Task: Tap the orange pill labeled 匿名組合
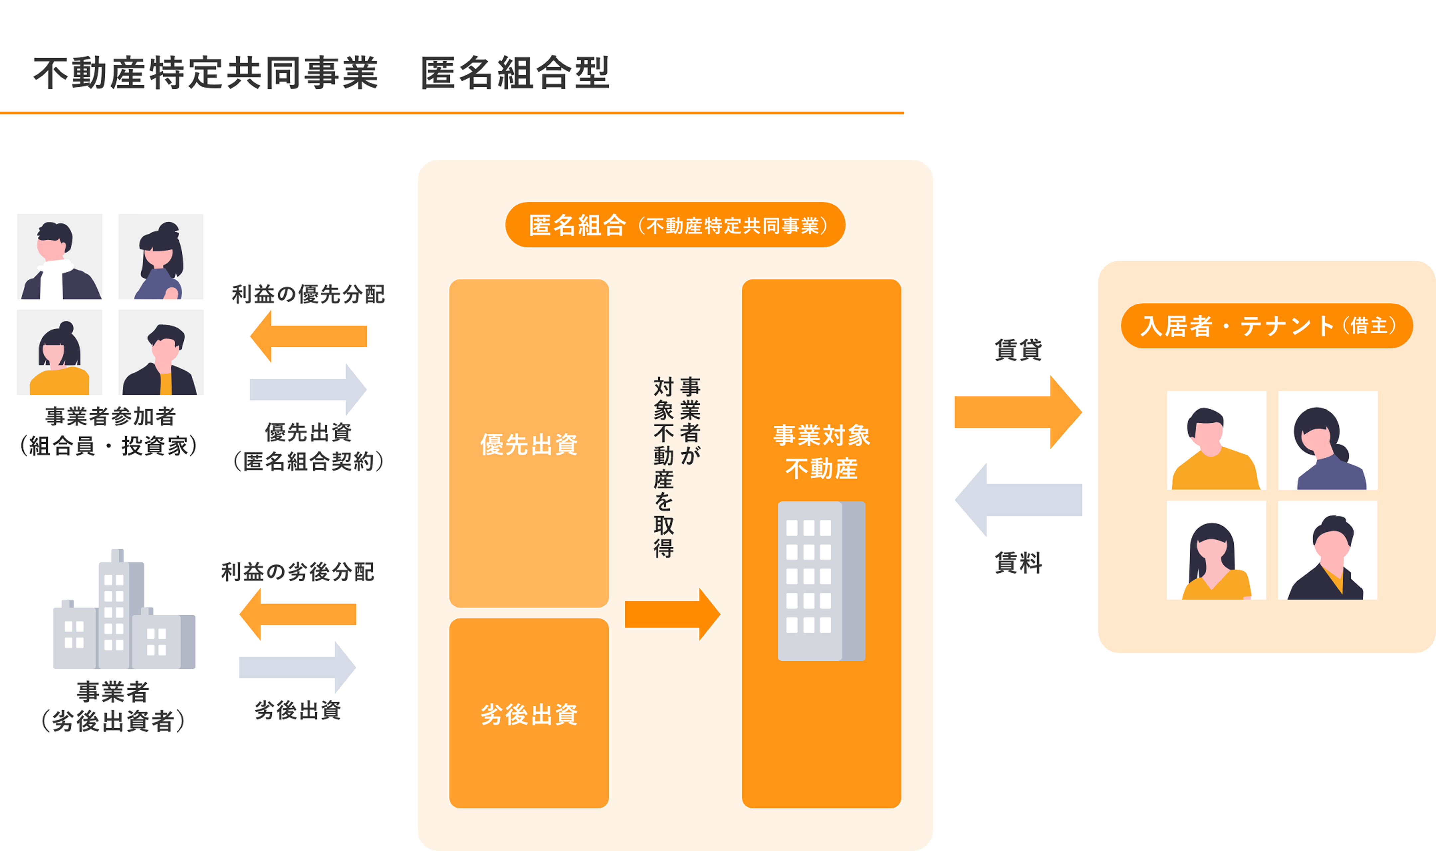675,225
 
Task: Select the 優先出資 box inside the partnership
529,443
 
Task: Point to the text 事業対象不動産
821,452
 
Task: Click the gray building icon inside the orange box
821,581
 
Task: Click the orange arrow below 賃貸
1017,412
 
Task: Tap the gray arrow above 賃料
1017,500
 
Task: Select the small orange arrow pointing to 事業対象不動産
672,614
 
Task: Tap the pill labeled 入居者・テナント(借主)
1266,326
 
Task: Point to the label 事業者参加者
110,416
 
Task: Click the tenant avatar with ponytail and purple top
1328,440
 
